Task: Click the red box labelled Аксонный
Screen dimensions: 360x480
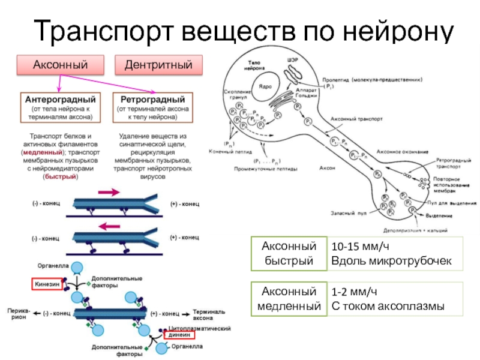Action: (60, 64)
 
